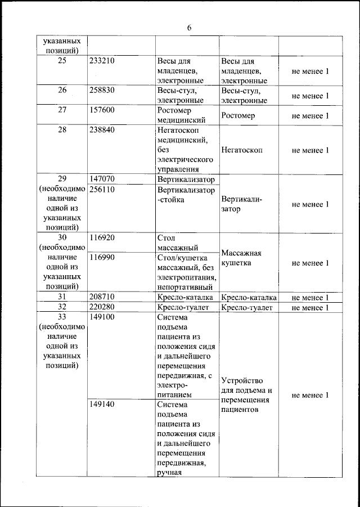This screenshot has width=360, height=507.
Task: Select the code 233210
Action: (102, 61)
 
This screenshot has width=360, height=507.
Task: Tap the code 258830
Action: (102, 90)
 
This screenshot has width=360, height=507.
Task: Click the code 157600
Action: (102, 110)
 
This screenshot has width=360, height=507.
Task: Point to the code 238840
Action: (102, 129)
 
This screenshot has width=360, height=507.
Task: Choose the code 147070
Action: (102, 180)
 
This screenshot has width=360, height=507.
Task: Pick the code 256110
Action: (102, 190)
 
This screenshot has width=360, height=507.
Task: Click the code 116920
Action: (102, 237)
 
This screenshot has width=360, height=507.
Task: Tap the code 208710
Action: (102, 297)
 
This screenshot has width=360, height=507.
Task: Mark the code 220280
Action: (102, 307)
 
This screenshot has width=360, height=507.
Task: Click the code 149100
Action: (102, 317)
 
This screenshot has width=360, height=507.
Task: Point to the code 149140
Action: (102, 404)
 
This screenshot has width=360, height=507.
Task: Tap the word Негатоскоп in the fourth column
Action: (242, 150)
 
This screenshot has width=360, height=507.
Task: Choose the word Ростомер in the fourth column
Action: (238, 115)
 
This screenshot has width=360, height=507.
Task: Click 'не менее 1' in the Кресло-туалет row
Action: (310, 308)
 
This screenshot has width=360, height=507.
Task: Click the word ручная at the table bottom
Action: (169, 472)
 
